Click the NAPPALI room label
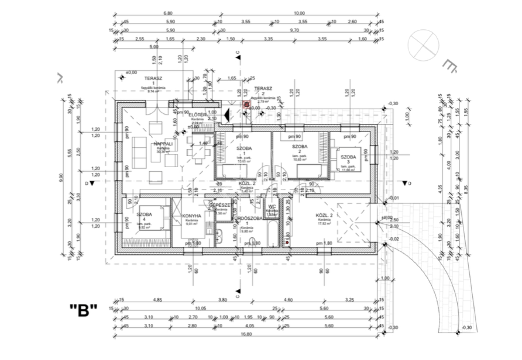[x=163, y=144]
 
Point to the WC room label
[x=272, y=206]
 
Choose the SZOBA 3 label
[x=348, y=157]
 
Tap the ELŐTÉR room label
[x=197, y=115]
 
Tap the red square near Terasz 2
[x=246, y=104]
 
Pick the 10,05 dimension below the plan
[x=199, y=309]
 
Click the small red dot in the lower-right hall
[x=287, y=242]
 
